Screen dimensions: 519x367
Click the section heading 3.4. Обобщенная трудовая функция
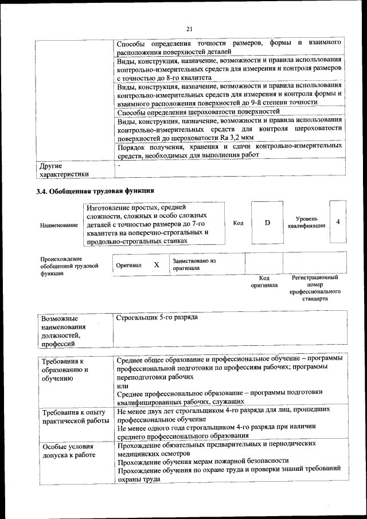(95, 190)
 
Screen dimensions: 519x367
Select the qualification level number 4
(338, 221)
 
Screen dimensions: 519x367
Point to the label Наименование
(59, 225)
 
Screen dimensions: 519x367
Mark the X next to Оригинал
(157, 265)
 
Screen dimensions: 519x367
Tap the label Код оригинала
(264, 281)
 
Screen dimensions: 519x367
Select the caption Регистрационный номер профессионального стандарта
(315, 288)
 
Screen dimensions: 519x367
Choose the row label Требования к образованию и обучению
(64, 370)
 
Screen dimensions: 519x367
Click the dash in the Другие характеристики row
(119, 166)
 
